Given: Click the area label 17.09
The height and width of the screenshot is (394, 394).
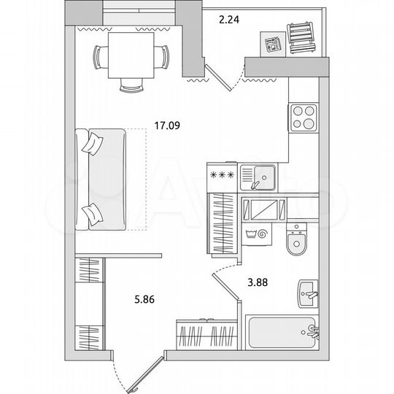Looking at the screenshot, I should tap(167, 125).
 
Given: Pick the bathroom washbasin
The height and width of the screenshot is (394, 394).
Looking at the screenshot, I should tap(308, 294).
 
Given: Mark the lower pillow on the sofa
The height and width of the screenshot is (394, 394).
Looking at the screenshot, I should tap(93, 212).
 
